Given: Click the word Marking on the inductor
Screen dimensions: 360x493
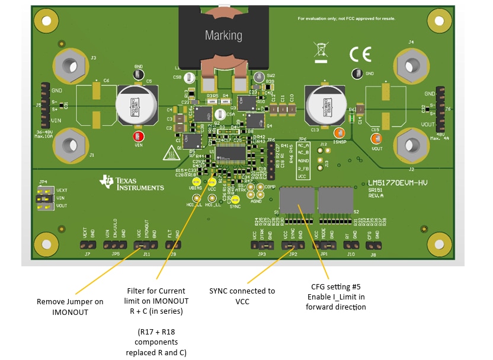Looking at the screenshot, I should click(223, 36).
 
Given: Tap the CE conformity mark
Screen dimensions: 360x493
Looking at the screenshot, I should click(360, 55).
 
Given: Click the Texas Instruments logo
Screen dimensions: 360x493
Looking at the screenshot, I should click(132, 183).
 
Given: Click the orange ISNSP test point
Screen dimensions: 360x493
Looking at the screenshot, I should click(339, 134).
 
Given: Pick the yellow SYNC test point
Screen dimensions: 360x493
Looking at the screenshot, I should click(235, 200).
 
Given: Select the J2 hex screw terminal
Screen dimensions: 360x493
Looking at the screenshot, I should click(411, 144).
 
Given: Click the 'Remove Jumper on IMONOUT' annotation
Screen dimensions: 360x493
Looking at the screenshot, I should click(70, 307).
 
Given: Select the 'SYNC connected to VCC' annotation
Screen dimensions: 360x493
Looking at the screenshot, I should click(242, 295).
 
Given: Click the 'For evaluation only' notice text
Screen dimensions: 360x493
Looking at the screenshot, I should click(347, 18).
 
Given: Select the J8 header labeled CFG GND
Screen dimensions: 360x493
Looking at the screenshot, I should click(373, 244).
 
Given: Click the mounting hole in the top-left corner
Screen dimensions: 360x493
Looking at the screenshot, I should click(45, 21).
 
